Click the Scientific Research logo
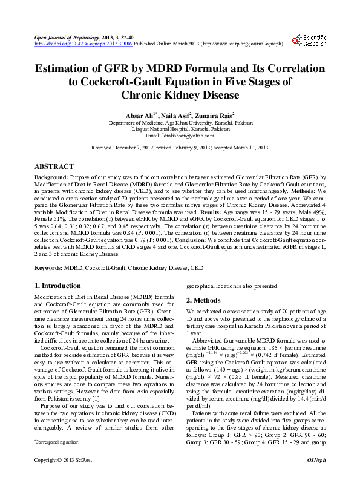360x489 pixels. pos(309,40)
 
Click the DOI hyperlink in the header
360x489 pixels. pos(83,44)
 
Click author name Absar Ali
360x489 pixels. pos(140,115)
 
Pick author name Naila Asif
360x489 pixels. pos(181,115)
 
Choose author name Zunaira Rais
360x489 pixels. pos(217,115)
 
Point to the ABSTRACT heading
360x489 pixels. pos(54,166)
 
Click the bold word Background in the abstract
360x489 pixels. pos(51,177)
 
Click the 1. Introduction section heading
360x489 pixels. pos(57,286)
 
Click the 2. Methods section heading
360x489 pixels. pos(203,300)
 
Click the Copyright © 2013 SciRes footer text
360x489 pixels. pos(59,478)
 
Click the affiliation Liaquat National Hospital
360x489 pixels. pos(180,129)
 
